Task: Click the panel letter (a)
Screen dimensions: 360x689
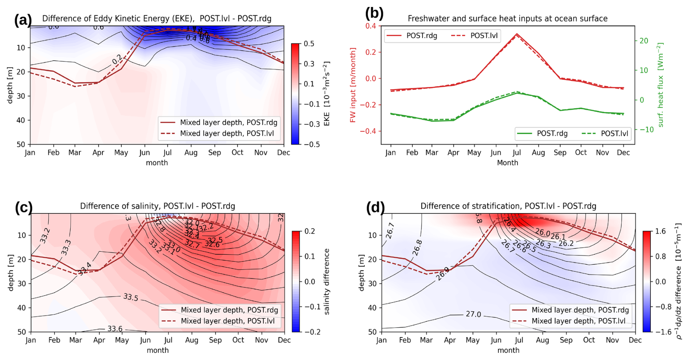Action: tap(23, 20)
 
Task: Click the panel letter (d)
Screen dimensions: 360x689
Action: tap(375, 208)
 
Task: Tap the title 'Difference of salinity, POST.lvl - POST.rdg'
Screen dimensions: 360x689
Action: tap(157, 206)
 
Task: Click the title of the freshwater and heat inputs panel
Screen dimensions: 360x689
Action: tap(507, 19)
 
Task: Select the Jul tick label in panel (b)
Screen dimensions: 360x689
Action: tap(517, 153)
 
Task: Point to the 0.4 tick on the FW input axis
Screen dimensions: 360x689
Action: tap(371, 26)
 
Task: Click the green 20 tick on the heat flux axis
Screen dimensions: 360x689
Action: tap(643, 41)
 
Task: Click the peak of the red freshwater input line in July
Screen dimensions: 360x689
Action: tap(517, 34)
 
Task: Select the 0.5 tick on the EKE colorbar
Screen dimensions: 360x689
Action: tap(309, 44)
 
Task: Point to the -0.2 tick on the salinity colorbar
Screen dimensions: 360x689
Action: tap(310, 332)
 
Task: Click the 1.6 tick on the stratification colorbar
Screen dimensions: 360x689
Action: tap(660, 231)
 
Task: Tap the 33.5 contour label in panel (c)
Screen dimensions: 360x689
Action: tap(130, 297)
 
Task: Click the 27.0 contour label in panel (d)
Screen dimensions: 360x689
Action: tap(473, 314)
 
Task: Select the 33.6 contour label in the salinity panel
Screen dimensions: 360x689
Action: tap(115, 329)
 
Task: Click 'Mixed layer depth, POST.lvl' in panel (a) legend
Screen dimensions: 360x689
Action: tap(227, 133)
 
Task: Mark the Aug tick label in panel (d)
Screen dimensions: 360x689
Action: tap(542, 340)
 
